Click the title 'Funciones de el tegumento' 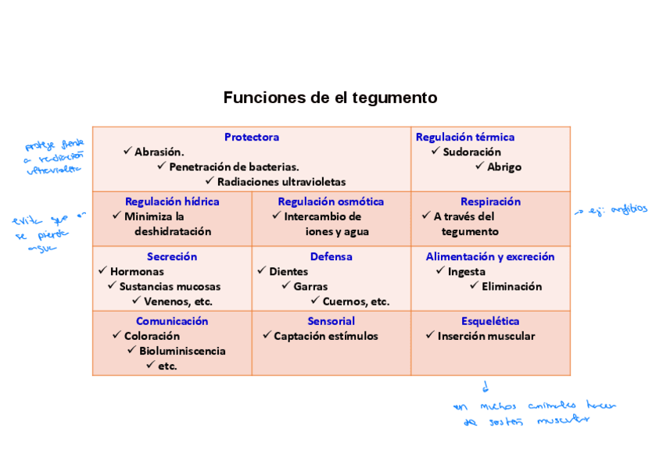click(x=330, y=98)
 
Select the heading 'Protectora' click(x=251, y=137)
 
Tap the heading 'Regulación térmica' click(x=464, y=137)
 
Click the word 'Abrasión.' click(x=159, y=152)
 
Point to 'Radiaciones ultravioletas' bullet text click(x=281, y=181)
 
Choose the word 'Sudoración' click(x=471, y=152)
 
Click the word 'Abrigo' click(x=504, y=166)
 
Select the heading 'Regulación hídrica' click(x=172, y=201)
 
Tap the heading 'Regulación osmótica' click(x=331, y=201)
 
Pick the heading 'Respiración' click(x=490, y=201)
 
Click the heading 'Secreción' click(x=172, y=256)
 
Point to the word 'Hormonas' click(x=137, y=271)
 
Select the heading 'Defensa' click(x=331, y=256)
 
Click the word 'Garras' click(x=310, y=286)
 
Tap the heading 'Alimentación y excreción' click(x=490, y=256)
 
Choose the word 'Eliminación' click(x=511, y=286)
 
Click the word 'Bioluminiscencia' click(x=182, y=351)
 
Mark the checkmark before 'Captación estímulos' click(x=267, y=335)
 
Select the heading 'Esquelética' click(x=490, y=321)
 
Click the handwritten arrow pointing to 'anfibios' click(x=581, y=211)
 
